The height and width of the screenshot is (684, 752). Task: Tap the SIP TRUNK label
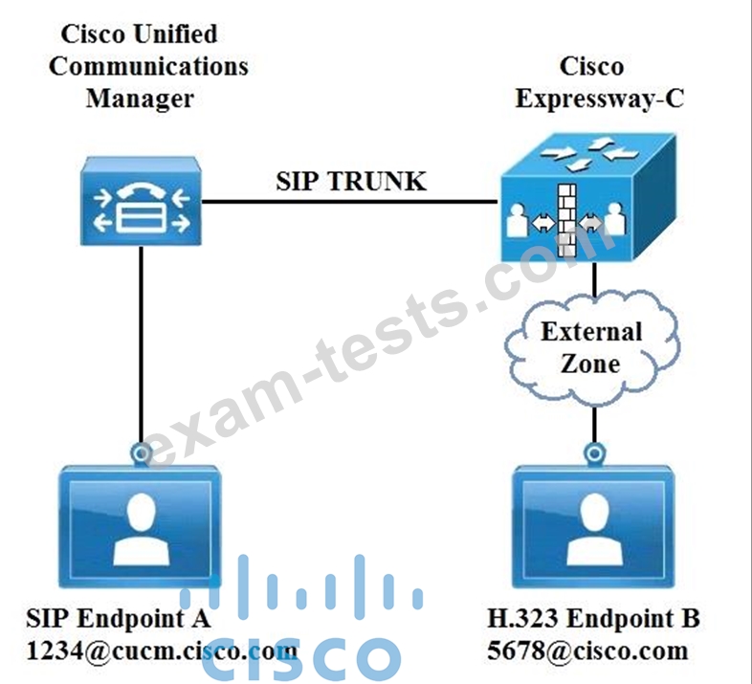pyautogui.click(x=350, y=181)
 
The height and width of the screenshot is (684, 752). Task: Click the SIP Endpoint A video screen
pyautogui.click(x=142, y=526)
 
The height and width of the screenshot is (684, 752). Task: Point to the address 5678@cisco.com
pyautogui.click(x=587, y=651)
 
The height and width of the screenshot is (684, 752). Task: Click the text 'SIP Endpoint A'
pyautogui.click(x=119, y=618)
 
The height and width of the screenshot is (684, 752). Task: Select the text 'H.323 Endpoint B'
pyautogui.click(x=593, y=618)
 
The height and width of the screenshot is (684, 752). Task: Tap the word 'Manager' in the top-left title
pyautogui.click(x=140, y=98)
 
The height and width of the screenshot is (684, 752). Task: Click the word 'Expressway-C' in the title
pyautogui.click(x=600, y=98)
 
